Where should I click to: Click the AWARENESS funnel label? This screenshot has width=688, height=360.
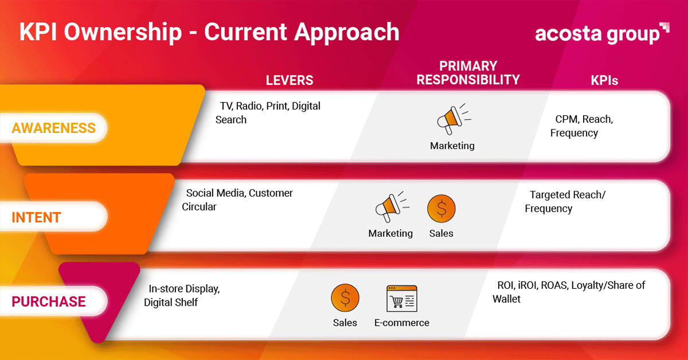[54, 128]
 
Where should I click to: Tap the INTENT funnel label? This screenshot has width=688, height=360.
[36, 217]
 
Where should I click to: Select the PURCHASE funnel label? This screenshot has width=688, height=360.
[49, 302]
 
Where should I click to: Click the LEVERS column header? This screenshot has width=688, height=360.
[290, 80]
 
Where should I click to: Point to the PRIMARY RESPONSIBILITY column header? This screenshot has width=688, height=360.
[468, 73]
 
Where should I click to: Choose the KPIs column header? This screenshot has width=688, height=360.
[604, 80]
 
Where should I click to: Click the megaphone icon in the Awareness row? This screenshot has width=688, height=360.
[454, 119]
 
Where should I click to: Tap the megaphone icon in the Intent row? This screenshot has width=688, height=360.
[392, 207]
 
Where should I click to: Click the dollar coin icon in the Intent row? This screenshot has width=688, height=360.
[441, 209]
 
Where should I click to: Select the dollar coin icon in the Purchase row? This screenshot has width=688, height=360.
[345, 298]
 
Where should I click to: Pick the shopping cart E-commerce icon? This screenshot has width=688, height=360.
[402, 299]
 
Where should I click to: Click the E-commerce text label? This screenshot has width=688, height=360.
[402, 323]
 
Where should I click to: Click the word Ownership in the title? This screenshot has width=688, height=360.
[123, 32]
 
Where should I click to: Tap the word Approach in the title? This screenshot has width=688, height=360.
[346, 32]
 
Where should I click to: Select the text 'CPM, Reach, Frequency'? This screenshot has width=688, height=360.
[581, 126]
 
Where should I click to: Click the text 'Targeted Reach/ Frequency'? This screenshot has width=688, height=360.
[565, 202]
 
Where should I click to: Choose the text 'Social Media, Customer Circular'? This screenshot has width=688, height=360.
[237, 200]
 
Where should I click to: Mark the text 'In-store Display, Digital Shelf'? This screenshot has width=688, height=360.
[182, 295]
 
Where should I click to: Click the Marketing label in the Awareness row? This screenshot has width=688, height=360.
[452, 146]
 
